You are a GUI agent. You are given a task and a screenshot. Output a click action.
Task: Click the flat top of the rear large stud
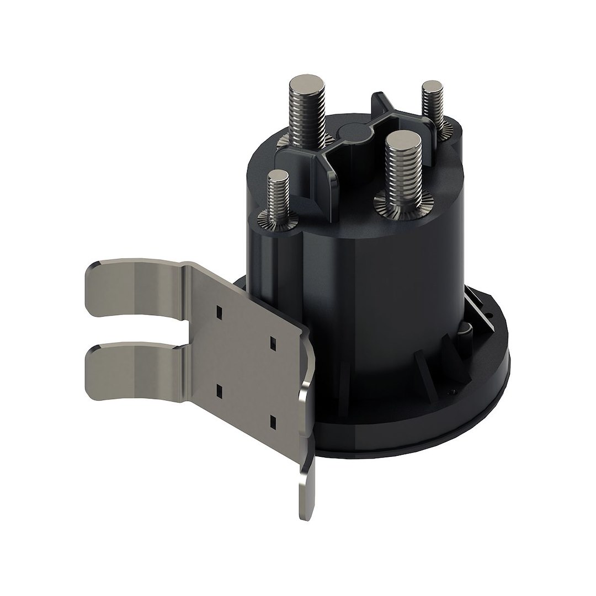point(307,85)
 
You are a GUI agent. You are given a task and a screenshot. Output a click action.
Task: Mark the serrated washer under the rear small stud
point(444,129)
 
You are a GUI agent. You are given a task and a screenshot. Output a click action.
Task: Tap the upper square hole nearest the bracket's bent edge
point(272,343)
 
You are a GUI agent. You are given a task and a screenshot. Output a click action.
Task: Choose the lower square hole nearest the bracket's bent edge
point(273,422)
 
